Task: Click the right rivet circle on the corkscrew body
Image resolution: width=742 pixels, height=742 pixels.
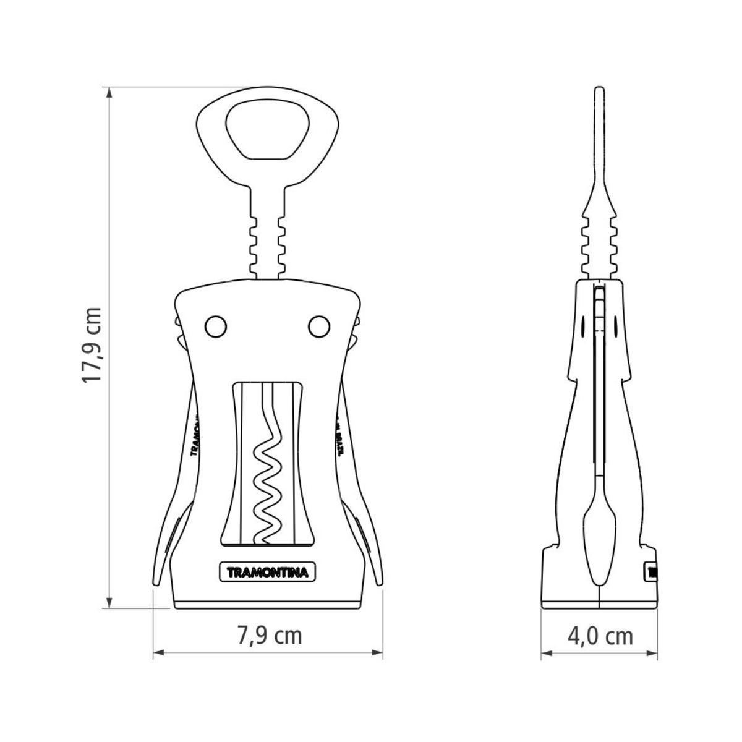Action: pyautogui.click(x=320, y=326)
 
